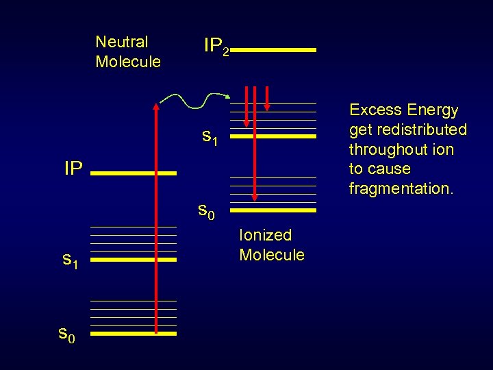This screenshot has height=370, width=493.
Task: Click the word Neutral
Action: coord(121,42)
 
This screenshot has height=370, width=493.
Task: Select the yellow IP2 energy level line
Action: coord(277,50)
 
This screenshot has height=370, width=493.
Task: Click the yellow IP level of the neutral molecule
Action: coord(134,174)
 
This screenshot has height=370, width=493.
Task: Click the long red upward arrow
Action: coord(157,219)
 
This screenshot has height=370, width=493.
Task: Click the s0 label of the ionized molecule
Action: coord(206,210)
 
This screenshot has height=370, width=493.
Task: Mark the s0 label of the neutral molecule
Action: coord(66,334)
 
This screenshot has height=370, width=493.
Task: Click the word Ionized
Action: coord(265,236)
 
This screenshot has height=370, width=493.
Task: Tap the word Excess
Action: coord(375,110)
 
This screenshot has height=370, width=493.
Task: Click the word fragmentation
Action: coord(401,188)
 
